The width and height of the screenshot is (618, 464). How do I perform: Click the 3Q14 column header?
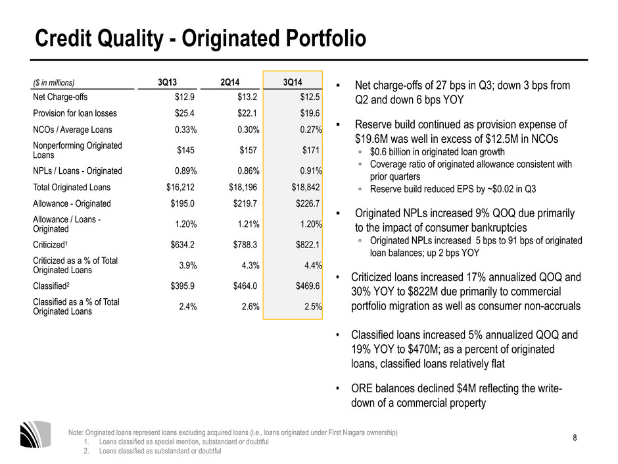coord(293,82)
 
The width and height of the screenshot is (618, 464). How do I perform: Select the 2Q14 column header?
coord(230,82)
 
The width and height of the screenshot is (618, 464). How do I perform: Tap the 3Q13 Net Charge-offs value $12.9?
coord(185,97)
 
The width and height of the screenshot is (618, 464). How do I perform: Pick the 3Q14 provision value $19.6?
coord(310,113)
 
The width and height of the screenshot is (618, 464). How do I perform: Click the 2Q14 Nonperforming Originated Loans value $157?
coord(248,150)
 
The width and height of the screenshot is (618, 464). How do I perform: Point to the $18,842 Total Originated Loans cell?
coord(306,188)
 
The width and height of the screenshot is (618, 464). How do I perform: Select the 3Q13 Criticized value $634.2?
coord(182,245)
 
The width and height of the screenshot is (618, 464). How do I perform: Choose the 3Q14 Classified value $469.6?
coord(308,286)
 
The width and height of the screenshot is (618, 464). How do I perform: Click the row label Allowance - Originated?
coord(72,203)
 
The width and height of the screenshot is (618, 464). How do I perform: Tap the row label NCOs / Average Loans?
coord(72,130)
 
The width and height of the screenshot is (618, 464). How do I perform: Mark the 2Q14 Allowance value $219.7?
coord(245,203)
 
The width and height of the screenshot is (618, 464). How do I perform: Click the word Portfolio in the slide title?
coord(326,38)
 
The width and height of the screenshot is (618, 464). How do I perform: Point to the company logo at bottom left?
coord(36,434)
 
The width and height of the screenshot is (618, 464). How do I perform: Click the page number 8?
coord(575,438)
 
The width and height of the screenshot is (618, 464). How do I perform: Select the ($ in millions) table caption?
coord(54,83)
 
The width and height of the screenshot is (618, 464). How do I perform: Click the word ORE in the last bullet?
coord(362,388)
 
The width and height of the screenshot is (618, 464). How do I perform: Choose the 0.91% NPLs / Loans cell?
coord(310,171)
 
